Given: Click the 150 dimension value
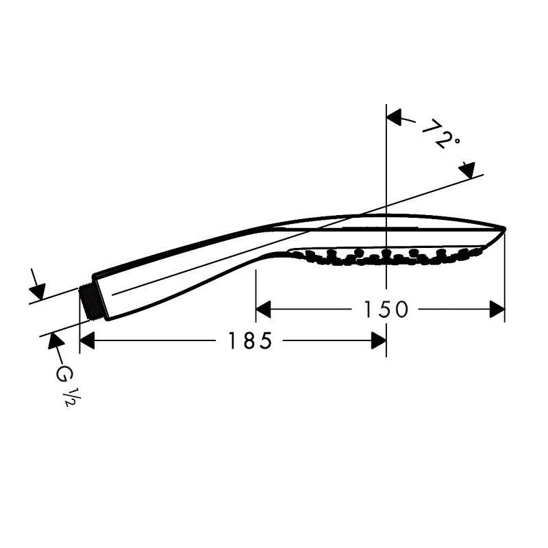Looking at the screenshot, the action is tap(386, 310).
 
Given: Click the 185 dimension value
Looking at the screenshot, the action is tap(249, 340).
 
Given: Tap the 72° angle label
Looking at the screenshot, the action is tap(440, 134).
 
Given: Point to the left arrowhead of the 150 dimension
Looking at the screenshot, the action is tap(263, 310).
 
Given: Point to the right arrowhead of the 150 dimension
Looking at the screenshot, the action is tap(497, 310).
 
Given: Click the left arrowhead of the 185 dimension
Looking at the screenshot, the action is tap(88, 340).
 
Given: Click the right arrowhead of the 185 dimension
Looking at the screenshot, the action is tap(379, 340).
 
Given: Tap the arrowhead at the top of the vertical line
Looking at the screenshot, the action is tap(394, 117).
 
